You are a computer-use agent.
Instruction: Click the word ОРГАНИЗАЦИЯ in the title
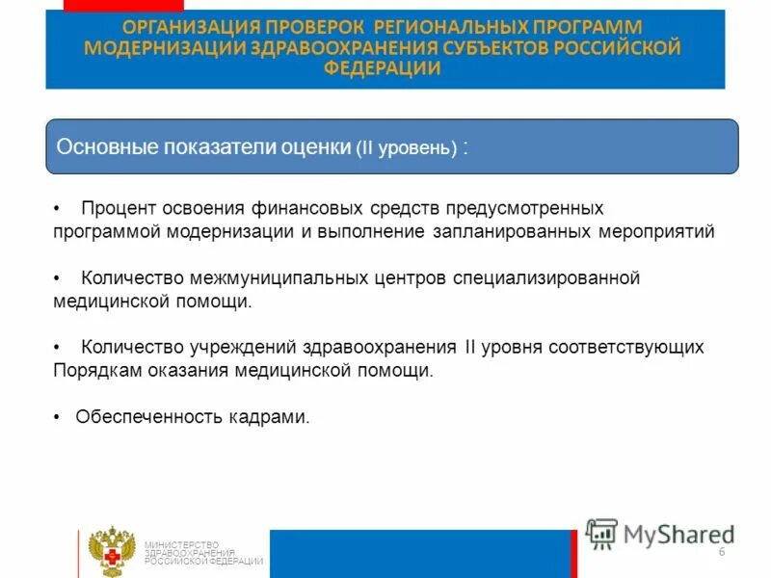pyautogui.click(x=194, y=27)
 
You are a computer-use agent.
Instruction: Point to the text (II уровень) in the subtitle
pyautogui.click(x=406, y=148)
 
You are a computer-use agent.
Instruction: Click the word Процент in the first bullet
pyautogui.click(x=116, y=208)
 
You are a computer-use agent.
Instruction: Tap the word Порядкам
pyautogui.click(x=93, y=370)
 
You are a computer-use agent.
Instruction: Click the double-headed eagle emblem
pyautogui.click(x=109, y=552)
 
